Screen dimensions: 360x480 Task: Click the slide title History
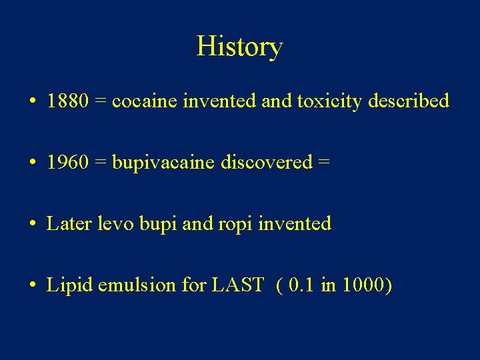click(239, 47)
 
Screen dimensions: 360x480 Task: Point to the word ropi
click(233, 225)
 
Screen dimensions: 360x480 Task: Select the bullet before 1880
click(32, 103)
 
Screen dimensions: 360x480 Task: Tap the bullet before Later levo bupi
click(32, 225)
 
